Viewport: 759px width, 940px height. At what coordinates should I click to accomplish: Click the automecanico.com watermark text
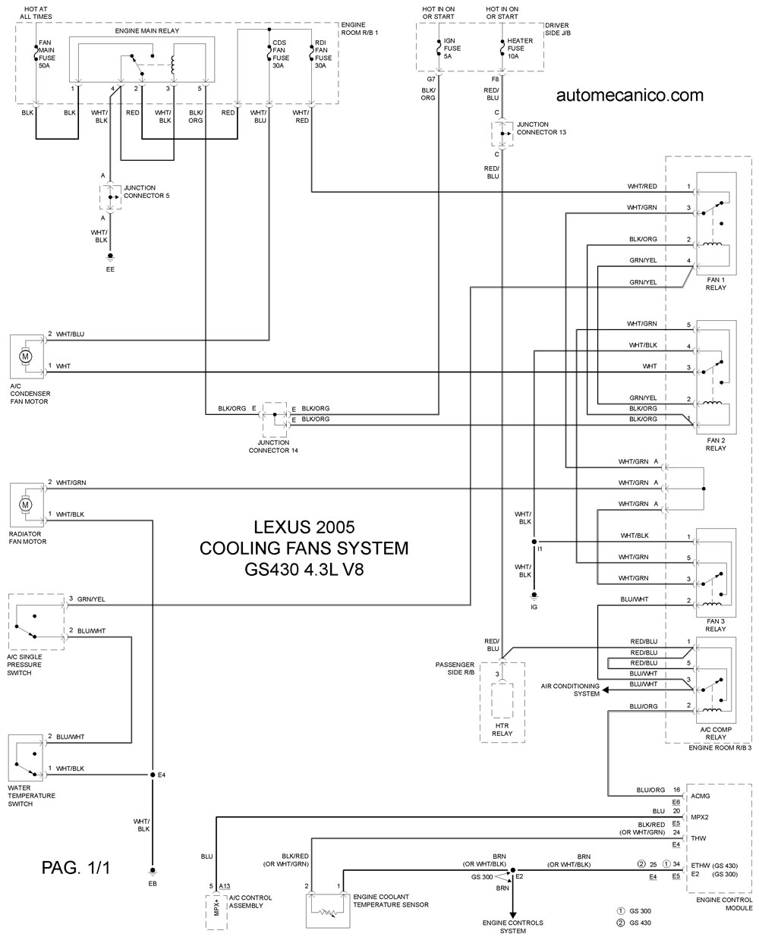629,95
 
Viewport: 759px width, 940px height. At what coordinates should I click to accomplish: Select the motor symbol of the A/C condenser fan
26,356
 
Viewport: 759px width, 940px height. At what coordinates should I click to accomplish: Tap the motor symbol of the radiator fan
26,505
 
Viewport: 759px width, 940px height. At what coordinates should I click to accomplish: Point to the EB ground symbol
153,872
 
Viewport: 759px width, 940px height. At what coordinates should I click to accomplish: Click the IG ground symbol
534,596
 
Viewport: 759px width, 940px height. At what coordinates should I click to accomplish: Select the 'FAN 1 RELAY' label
715,284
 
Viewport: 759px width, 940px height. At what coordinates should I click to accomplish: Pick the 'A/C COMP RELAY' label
715,733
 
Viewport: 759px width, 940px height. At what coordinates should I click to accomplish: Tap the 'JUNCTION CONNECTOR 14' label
273,446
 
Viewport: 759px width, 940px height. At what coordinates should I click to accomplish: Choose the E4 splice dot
153,775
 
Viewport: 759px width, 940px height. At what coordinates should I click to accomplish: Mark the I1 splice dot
534,542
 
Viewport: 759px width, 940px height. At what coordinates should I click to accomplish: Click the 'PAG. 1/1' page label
75,867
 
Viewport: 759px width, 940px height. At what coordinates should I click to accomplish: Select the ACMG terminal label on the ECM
701,796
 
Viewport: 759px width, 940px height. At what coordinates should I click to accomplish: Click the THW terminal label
698,838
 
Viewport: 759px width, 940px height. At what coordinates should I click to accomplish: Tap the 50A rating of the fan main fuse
44,66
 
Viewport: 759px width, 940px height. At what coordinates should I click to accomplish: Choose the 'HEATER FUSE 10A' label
519,49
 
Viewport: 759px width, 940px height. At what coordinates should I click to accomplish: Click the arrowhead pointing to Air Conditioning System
606,690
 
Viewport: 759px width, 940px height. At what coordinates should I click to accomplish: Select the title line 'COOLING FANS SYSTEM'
304,548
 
